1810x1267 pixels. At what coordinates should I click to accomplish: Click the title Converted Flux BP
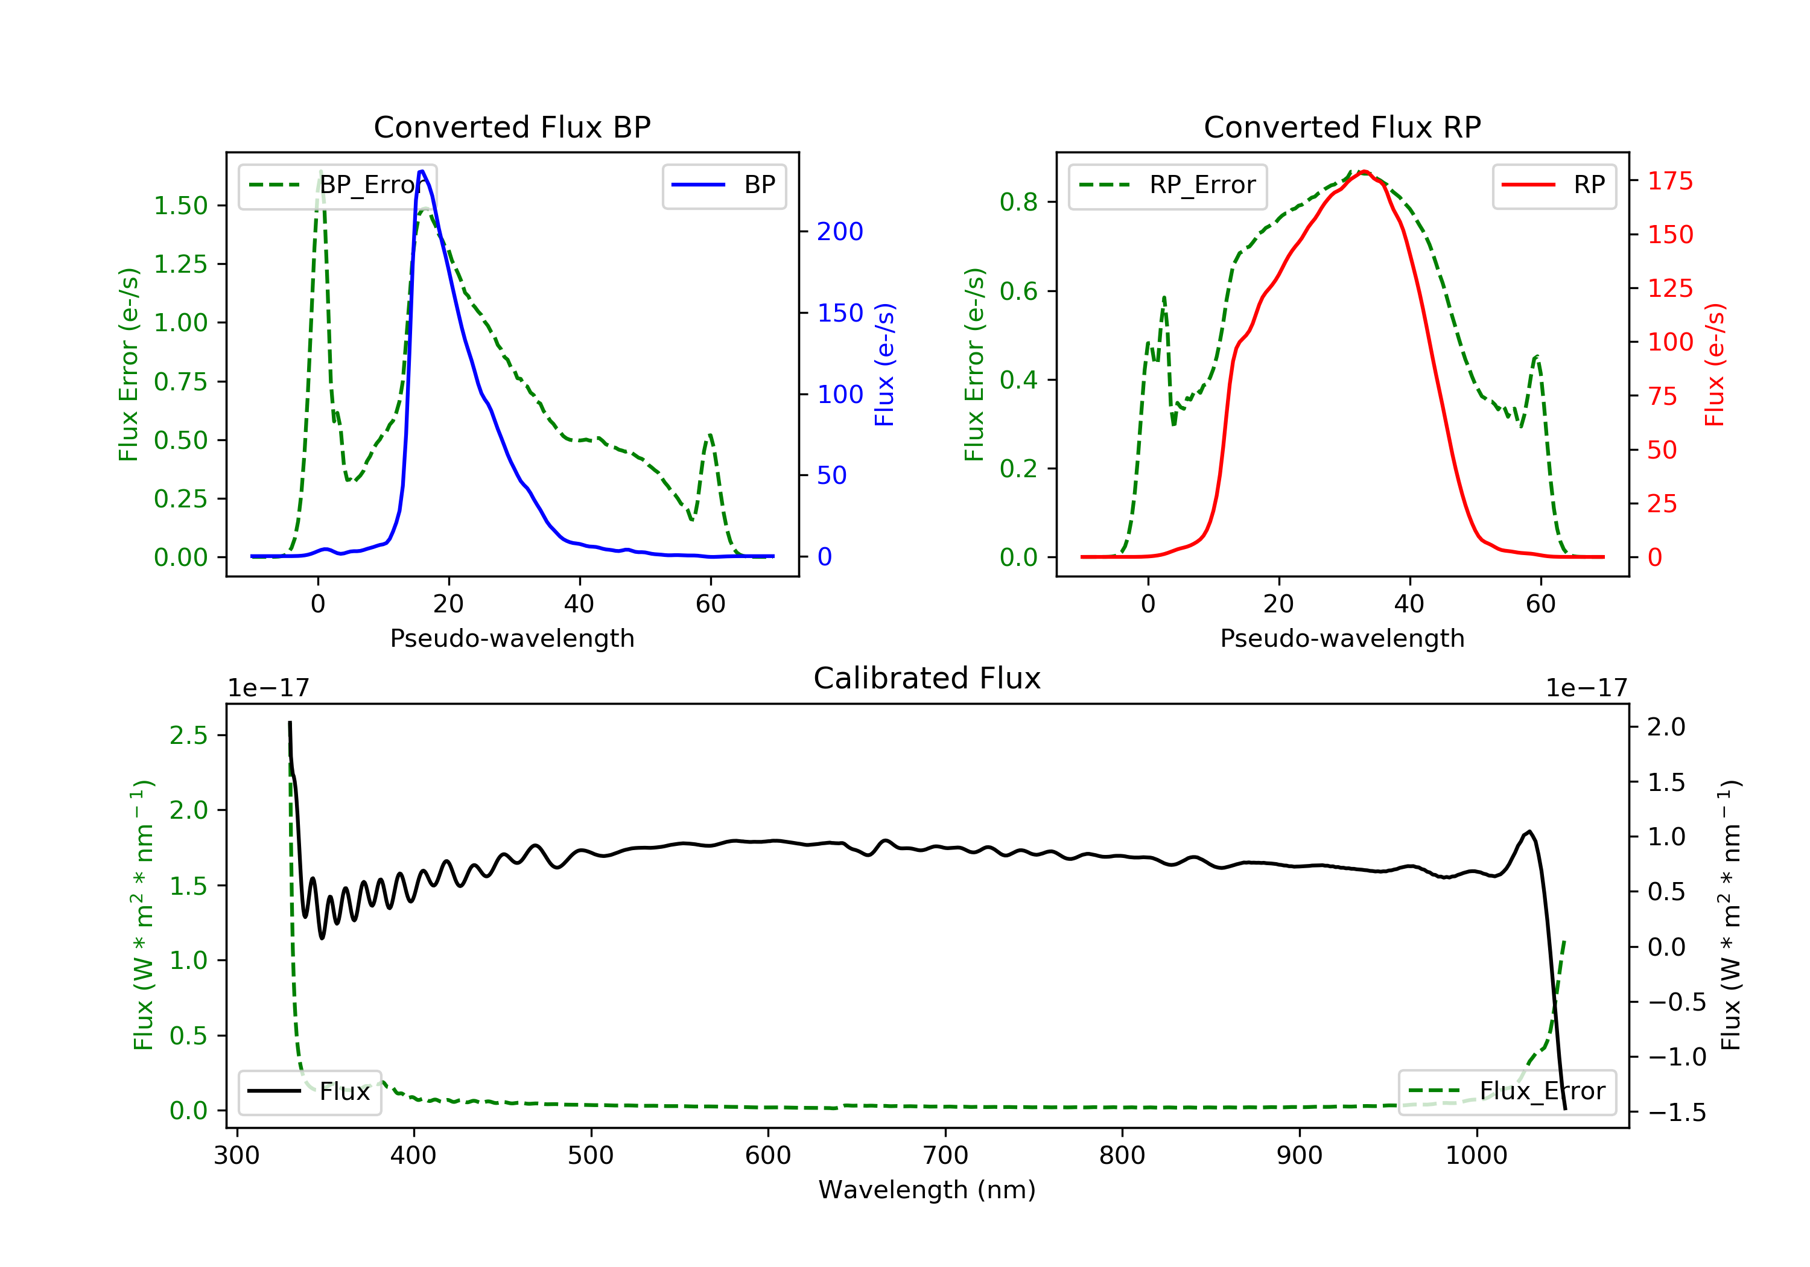512,127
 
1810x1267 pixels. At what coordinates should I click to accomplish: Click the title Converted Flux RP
1342,127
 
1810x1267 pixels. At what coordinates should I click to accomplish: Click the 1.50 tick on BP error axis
180,206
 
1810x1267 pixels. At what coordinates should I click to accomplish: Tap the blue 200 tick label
840,232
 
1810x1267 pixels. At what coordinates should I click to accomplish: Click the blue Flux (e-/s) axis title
884,364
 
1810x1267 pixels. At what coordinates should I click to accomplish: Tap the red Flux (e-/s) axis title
1715,364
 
